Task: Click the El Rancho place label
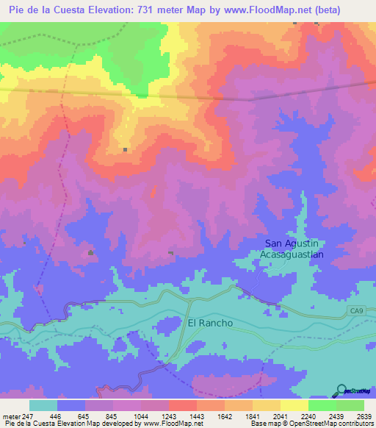pos(210,323)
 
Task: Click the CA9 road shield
pos(356,313)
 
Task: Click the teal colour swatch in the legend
pos(43,405)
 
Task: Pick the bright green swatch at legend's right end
pos(350,405)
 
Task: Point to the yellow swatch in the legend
pos(294,405)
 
